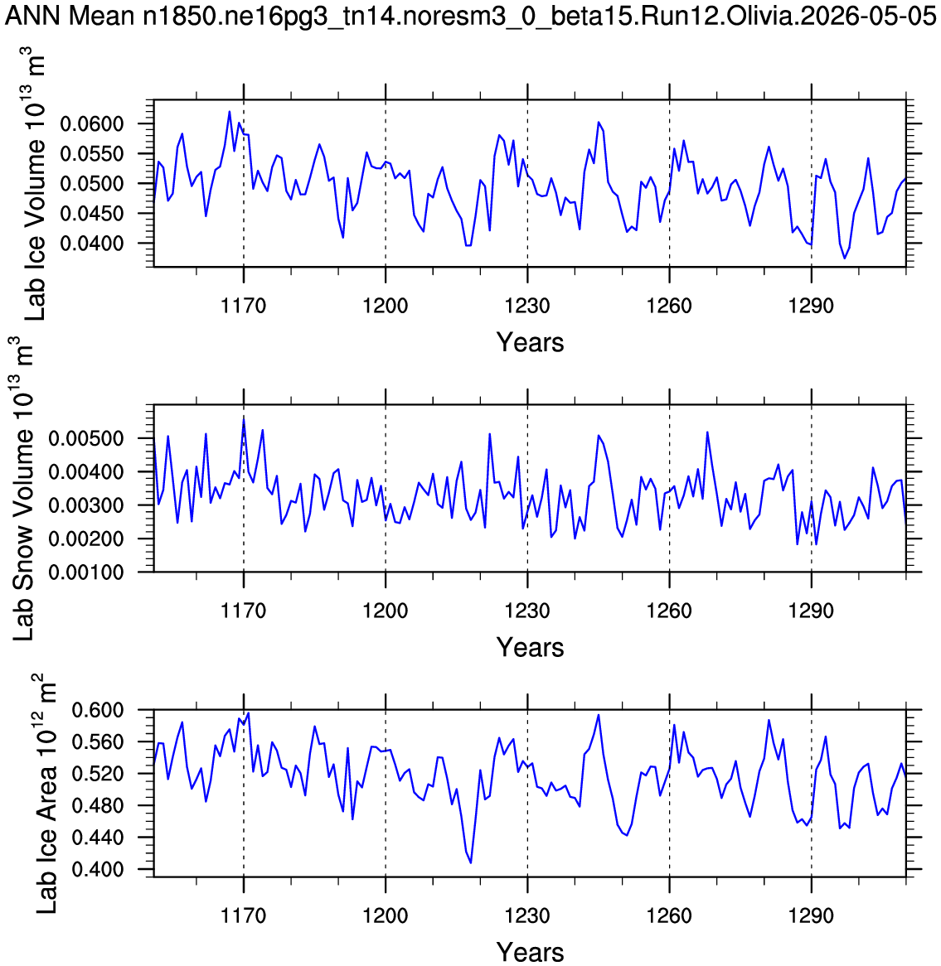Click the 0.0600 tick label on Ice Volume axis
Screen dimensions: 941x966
point(92,123)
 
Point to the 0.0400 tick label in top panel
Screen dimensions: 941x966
point(92,244)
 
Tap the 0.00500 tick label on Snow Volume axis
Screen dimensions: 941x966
point(86,438)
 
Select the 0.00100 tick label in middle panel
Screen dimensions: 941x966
point(86,572)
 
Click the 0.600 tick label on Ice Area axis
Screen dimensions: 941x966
point(98,710)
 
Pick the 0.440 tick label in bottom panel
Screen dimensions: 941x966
point(98,838)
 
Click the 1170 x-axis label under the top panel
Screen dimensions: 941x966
point(244,306)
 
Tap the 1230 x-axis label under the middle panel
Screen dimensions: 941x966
point(527,611)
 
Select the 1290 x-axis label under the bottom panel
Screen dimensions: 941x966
point(811,915)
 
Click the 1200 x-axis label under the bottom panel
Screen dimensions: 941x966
point(386,915)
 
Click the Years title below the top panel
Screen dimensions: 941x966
point(531,342)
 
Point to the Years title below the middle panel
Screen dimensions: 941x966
point(531,648)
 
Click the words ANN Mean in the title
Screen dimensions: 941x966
point(70,16)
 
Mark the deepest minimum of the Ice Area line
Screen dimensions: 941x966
point(471,862)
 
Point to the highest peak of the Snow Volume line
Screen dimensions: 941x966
point(245,418)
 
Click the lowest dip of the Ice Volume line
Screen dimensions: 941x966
point(845,258)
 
